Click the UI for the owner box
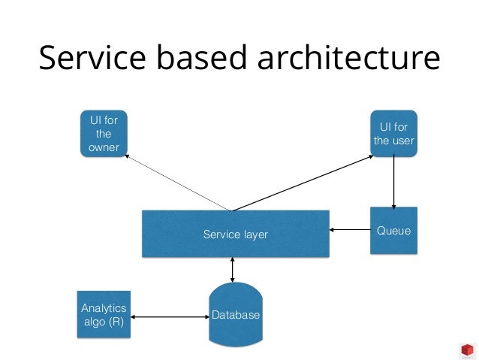(x=104, y=132)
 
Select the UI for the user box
(x=393, y=133)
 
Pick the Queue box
(x=393, y=231)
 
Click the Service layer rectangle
(x=236, y=234)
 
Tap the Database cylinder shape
(x=235, y=314)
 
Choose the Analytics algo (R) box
(x=104, y=313)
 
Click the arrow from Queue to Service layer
(x=349, y=230)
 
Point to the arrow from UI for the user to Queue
(x=393, y=181)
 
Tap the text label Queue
(x=393, y=231)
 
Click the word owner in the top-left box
(x=104, y=147)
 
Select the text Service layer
(x=236, y=234)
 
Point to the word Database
(x=235, y=315)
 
